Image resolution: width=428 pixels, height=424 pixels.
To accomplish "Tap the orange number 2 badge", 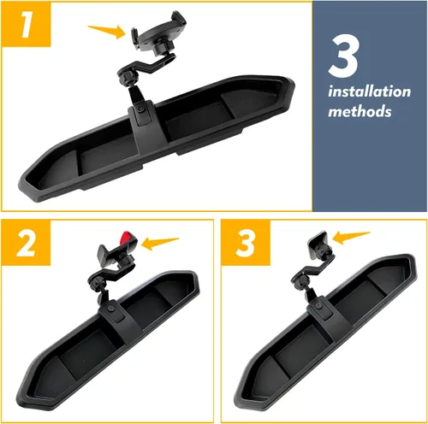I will click(x=23, y=244).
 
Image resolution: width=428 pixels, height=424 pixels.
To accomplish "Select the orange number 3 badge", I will click(x=245, y=244).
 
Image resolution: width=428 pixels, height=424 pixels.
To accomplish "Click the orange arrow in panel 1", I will click(x=107, y=31).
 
